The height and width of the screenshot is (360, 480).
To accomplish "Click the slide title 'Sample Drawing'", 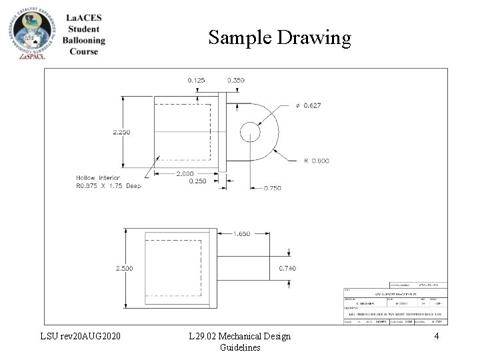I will tap(279, 37).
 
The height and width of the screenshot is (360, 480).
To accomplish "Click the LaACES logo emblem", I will tap(31, 33).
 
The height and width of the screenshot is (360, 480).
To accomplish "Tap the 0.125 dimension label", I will tap(196, 80).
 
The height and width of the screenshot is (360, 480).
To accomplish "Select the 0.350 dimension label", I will tap(235, 80).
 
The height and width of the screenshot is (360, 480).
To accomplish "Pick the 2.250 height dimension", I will tap(122, 132).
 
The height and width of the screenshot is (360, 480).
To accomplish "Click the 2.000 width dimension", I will tap(185, 173).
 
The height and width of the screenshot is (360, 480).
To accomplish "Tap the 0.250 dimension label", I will tap(198, 181).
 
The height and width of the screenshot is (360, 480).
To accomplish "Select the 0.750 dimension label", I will tap(272, 188).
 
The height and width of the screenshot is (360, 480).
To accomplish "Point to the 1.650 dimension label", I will tap(242, 234).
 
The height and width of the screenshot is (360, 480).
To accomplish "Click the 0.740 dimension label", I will tap(287, 268).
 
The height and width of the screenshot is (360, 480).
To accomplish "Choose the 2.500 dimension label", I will tap(124, 268).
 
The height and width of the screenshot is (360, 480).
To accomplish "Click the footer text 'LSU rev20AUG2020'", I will tap(81, 336).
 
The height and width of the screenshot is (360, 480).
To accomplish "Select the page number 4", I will tap(436, 336).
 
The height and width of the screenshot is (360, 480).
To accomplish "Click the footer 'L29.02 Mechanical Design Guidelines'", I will tap(239, 341).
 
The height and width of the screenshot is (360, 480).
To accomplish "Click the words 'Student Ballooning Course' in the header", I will tap(84, 40).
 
